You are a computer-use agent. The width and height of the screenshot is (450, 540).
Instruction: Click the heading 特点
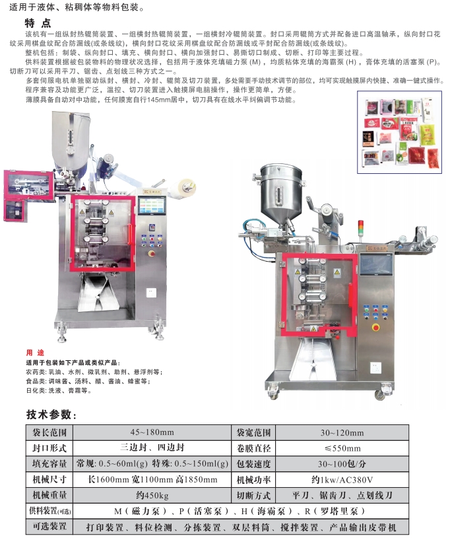38,23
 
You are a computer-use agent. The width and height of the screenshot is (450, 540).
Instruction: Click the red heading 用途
35,353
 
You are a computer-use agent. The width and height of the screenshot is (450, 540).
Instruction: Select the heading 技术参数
51,414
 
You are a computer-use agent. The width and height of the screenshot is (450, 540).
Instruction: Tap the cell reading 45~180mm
152,432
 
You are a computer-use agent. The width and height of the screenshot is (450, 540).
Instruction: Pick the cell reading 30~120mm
342,432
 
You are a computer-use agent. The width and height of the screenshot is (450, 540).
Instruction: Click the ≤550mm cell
342,448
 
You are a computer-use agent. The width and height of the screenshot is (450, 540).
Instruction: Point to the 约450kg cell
152,496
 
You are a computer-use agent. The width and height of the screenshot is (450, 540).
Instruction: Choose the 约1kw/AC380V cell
342,480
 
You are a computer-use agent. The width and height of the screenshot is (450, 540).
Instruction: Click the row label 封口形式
49,448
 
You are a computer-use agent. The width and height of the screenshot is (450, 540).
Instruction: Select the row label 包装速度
254,464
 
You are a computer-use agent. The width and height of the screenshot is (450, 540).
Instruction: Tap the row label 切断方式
254,496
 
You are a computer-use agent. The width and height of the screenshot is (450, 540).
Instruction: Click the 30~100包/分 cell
342,464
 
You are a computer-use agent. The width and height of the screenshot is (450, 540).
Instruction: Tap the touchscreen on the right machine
377,265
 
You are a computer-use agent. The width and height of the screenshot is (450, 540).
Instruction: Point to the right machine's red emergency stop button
375,327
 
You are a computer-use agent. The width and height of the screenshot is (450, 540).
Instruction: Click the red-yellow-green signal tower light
361,228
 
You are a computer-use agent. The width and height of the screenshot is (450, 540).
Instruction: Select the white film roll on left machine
184,190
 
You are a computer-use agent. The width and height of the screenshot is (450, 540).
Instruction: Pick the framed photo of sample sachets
399,132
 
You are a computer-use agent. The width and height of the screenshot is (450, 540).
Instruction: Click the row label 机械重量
49,496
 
